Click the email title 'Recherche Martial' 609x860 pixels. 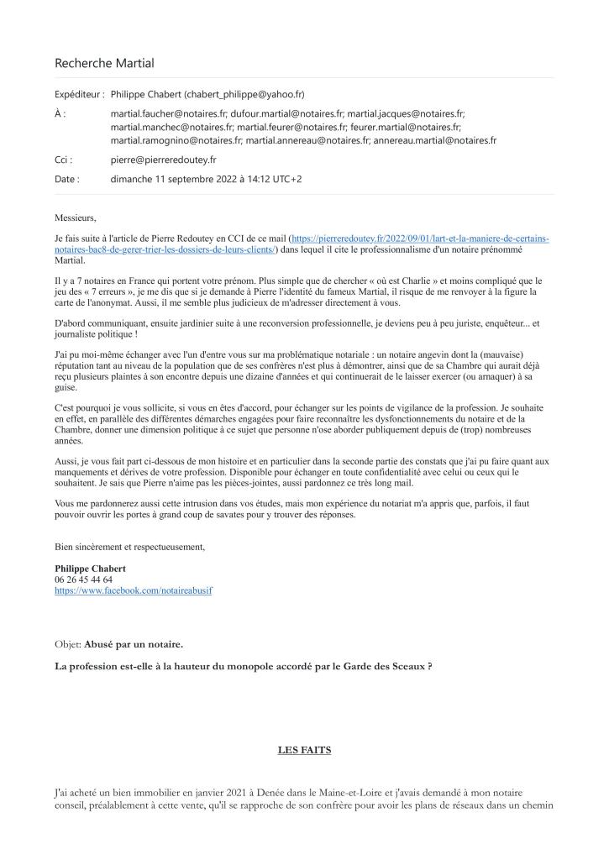tap(104, 63)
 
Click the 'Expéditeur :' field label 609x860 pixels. tap(79, 95)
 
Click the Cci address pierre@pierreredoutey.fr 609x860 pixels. tap(163, 159)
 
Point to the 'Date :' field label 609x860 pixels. tap(67, 179)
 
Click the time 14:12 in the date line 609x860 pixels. tap(263, 179)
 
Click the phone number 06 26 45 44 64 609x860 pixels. tap(83, 579)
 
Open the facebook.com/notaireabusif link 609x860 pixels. tap(134, 590)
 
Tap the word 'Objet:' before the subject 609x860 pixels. tap(68, 644)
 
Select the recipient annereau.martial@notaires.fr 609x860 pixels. tap(435, 140)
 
